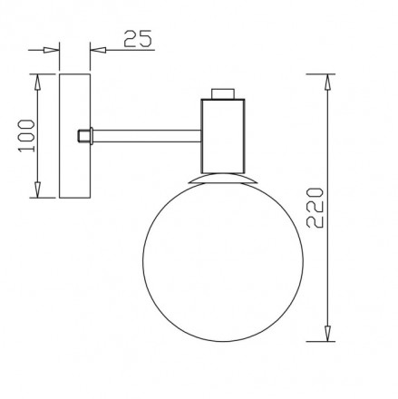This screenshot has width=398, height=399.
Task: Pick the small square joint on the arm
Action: (x=84, y=136)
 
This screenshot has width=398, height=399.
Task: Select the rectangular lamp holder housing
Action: (x=223, y=136)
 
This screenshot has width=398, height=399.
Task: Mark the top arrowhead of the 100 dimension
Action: (x=37, y=80)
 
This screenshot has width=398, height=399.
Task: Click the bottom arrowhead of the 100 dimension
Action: (x=37, y=192)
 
